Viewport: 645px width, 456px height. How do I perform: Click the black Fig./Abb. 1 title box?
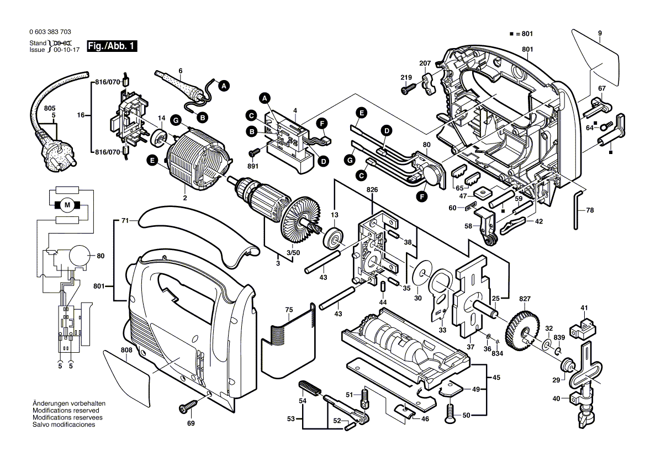[x=111, y=46]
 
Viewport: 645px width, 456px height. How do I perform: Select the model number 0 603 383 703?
[x=50, y=33]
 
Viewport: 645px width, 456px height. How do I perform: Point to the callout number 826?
[x=372, y=190]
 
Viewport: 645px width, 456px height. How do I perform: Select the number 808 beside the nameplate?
[x=126, y=349]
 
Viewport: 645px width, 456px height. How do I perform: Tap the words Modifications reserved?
[x=66, y=411]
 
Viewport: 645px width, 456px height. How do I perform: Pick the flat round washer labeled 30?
[x=422, y=272]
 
